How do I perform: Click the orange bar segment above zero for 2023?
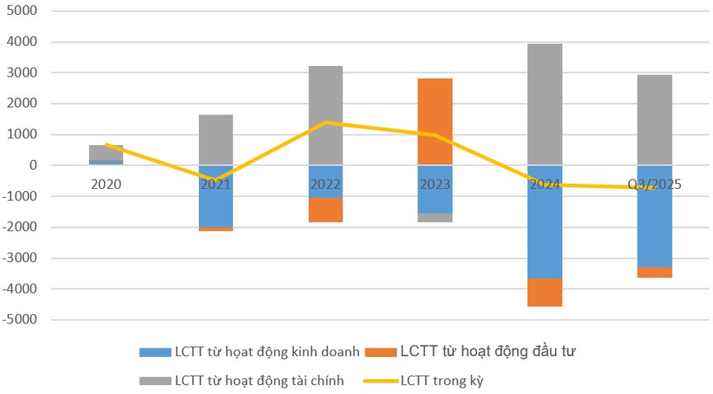[x=435, y=121]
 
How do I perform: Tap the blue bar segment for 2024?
[x=545, y=222]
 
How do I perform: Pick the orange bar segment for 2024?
[x=545, y=292]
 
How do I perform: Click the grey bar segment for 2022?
[x=325, y=115]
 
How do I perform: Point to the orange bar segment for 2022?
[x=325, y=209]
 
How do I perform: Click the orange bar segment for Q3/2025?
[x=654, y=272]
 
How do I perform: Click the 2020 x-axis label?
[x=106, y=185]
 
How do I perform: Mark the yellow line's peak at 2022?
[x=325, y=122]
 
